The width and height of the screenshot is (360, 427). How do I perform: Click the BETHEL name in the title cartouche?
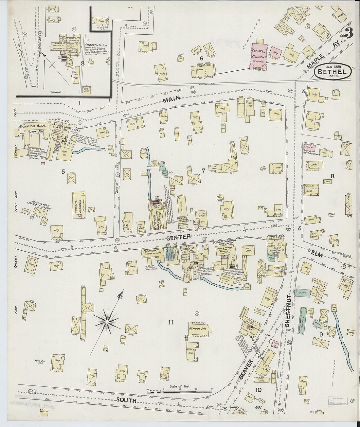pos(333,70)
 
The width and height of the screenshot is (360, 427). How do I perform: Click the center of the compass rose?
pos(107,322)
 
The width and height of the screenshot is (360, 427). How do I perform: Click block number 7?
pos(203,170)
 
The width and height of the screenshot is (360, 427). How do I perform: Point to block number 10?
pos(259,389)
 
